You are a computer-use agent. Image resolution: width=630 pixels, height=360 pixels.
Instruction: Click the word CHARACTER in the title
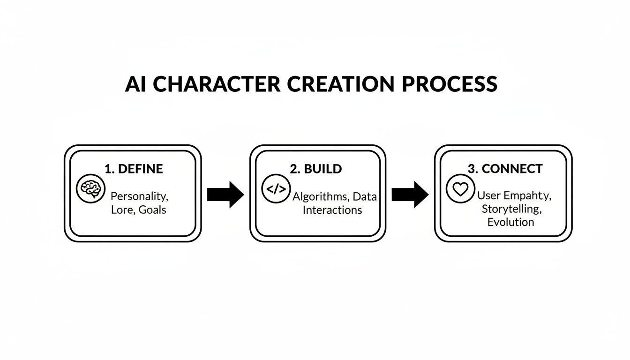click(217, 84)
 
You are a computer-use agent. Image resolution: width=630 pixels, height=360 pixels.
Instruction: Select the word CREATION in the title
click(337, 84)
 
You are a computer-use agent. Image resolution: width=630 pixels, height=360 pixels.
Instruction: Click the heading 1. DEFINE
click(134, 169)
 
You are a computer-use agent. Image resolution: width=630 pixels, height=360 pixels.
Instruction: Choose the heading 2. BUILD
click(316, 169)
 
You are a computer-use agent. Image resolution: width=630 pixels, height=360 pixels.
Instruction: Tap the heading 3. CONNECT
click(505, 169)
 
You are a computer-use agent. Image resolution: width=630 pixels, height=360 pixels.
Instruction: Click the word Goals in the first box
click(152, 210)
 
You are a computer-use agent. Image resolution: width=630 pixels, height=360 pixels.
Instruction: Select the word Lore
click(123, 210)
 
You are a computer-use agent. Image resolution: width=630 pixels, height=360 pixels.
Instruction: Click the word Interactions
click(332, 210)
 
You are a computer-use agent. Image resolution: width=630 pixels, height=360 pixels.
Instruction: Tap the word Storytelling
click(510, 209)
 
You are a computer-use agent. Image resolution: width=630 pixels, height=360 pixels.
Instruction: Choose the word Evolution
click(510, 221)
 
